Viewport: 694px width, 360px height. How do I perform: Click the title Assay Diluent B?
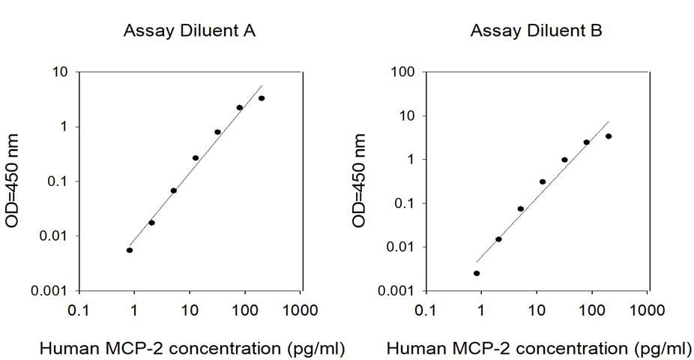point(536,31)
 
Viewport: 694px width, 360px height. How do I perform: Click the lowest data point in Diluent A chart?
point(130,250)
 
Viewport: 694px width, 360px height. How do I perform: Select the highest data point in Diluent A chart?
point(262,98)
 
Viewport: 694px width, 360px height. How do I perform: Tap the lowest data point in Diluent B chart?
point(477,273)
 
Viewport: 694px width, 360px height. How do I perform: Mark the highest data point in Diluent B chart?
point(609,136)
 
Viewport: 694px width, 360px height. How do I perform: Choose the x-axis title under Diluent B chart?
point(540,349)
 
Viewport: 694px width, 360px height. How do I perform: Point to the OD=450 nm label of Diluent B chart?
point(360,181)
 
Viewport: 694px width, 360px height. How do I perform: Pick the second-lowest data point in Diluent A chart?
point(151,223)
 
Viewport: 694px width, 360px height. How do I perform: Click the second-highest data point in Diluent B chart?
point(587,142)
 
